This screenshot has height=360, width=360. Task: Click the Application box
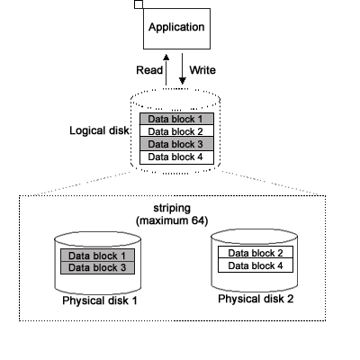click(x=176, y=29)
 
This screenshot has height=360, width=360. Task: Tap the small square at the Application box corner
click(x=139, y=4)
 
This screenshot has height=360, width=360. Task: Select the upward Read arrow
click(x=166, y=70)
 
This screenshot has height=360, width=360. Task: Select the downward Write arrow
click(x=183, y=69)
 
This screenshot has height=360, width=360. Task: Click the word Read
click(x=149, y=70)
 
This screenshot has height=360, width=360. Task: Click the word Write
click(x=202, y=70)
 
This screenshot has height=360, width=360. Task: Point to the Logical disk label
click(x=99, y=130)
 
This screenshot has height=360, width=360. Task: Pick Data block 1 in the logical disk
click(x=176, y=119)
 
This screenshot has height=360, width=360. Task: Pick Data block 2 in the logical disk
click(x=176, y=131)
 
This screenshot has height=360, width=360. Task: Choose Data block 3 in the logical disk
click(x=176, y=144)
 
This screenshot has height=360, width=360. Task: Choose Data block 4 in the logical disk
click(x=176, y=157)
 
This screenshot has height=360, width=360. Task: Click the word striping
click(x=172, y=208)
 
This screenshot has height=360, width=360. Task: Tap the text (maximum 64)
click(x=172, y=220)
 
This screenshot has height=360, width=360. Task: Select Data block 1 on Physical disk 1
click(x=97, y=256)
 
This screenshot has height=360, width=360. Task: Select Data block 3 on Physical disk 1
click(x=97, y=268)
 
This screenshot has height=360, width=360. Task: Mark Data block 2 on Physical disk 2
click(x=256, y=253)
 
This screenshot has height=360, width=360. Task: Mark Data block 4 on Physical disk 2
click(x=256, y=265)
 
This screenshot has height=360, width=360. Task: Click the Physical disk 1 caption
click(x=100, y=301)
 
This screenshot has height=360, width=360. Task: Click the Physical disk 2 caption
click(x=256, y=299)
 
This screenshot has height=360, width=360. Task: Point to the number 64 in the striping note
click(x=198, y=220)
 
